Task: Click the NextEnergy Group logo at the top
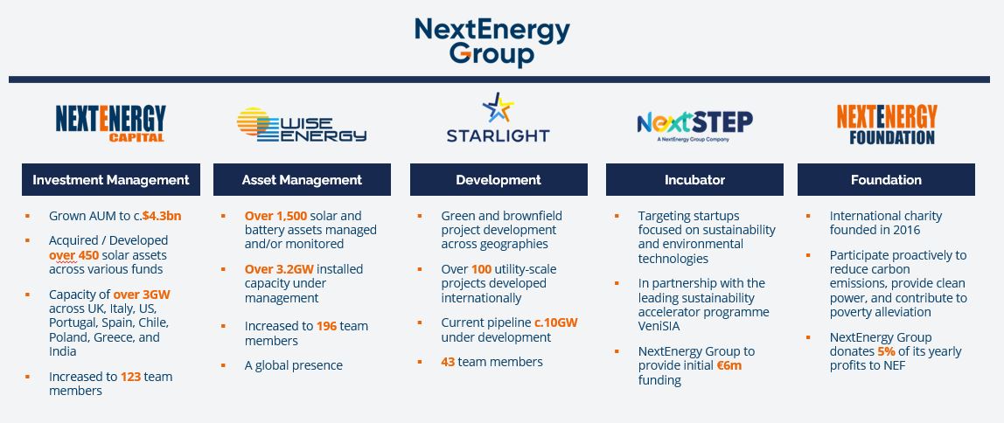(x=492, y=42)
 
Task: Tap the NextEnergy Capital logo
(x=111, y=123)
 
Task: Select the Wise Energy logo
(x=302, y=124)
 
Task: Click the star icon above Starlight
(x=499, y=107)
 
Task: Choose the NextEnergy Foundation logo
(x=887, y=124)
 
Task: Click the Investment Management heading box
(x=111, y=180)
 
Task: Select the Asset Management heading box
(x=302, y=180)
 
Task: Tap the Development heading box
(x=499, y=180)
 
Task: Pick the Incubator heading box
(x=694, y=180)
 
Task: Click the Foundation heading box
(x=886, y=180)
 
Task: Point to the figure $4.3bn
(x=161, y=216)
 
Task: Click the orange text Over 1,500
(x=276, y=216)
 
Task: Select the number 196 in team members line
(x=326, y=326)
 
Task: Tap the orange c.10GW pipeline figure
(x=556, y=322)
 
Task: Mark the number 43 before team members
(x=448, y=362)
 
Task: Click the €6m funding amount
(x=729, y=366)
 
